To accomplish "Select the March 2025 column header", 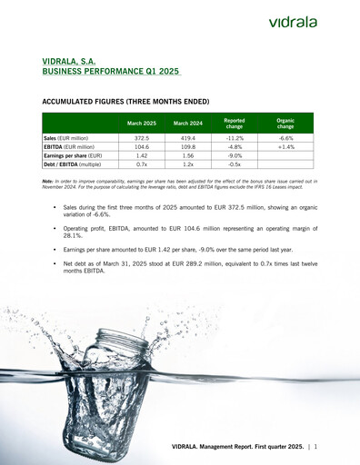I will (141, 123).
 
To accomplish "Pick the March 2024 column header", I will (188, 123).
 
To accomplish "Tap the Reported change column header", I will (235, 123).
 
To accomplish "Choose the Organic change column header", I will (285, 123).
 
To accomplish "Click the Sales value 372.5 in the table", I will (141, 137).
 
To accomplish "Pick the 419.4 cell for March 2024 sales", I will (188, 137).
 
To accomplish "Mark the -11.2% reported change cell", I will (235, 137).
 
